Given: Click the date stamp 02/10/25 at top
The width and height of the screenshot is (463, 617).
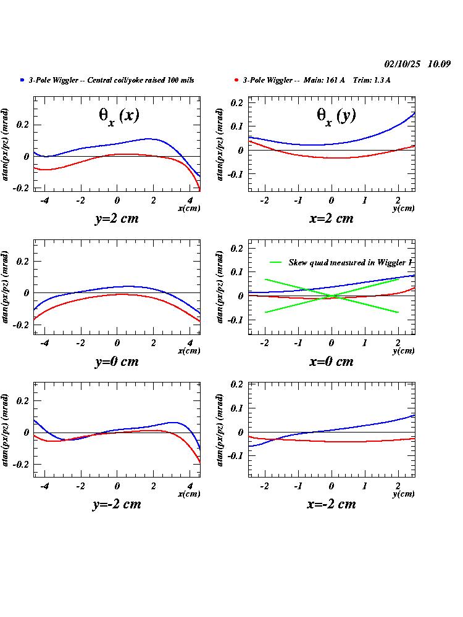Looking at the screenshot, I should (403, 64).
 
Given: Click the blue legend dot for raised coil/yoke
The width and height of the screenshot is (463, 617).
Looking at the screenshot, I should (23, 80).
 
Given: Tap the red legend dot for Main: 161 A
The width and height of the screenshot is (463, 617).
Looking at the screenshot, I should (237, 80).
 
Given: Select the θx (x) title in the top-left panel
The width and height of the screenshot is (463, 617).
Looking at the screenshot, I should (123, 117).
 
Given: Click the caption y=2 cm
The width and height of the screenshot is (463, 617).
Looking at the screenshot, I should (117, 218).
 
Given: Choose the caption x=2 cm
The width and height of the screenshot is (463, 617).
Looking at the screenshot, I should (332, 218).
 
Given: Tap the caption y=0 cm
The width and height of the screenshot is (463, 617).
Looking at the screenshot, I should (117, 362).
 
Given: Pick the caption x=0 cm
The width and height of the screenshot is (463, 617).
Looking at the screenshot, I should (332, 362).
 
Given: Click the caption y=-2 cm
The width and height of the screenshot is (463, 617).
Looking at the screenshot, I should (117, 504).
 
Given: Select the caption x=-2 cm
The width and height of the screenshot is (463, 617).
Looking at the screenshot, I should (332, 504).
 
